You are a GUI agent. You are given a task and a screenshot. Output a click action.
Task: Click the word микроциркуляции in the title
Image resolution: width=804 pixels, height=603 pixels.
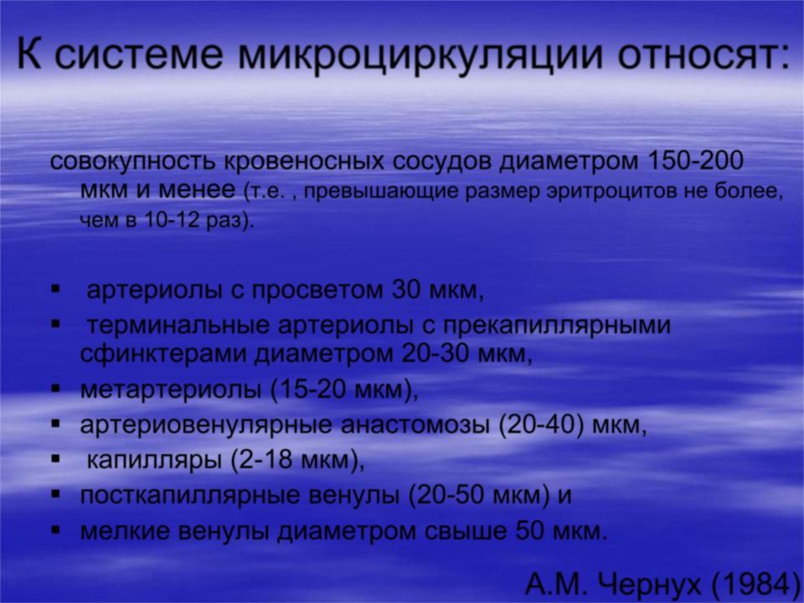(x=420, y=56)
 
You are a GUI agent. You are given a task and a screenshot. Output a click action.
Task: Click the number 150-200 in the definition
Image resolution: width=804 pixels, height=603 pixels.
(x=695, y=161)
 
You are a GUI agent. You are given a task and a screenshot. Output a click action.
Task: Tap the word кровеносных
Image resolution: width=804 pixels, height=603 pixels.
(x=306, y=162)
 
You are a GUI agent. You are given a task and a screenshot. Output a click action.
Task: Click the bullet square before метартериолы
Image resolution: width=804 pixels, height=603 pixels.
(x=56, y=389)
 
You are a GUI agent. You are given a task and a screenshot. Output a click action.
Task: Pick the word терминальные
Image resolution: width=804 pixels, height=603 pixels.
(x=178, y=326)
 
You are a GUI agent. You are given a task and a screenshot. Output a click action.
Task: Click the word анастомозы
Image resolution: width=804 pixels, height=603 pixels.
(x=414, y=425)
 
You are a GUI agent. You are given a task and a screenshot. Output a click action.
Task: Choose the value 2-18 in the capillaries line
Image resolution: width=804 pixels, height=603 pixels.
(x=264, y=460)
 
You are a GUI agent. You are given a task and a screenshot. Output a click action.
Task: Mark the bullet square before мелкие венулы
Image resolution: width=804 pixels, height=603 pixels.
(x=56, y=529)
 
